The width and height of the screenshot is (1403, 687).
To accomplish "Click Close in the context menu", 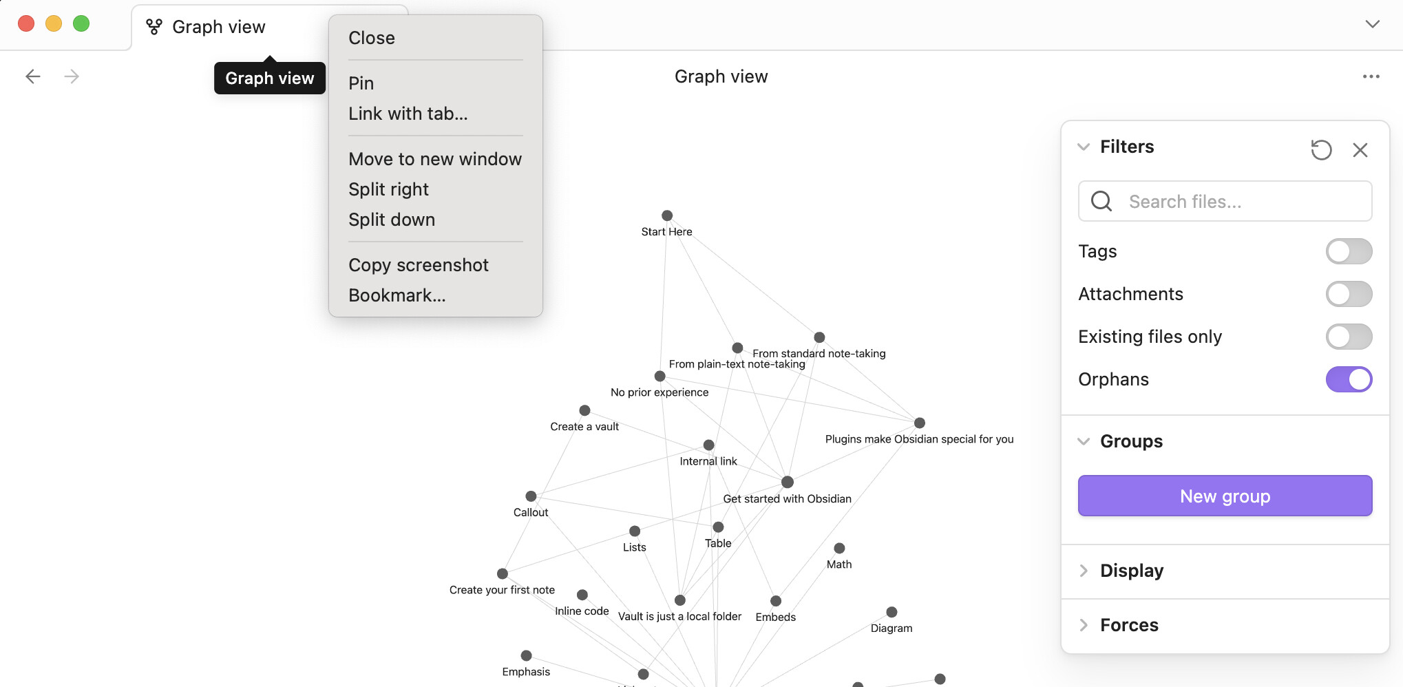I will pos(371,38).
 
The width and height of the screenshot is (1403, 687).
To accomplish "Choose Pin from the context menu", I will pos(361,83).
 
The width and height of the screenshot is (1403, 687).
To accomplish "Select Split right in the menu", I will pos(388,189).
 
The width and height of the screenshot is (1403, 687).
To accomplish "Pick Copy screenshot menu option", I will pos(418,265).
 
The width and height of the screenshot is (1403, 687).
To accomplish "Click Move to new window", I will pos(434,159).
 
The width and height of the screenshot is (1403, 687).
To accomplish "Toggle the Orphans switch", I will pos(1348,379).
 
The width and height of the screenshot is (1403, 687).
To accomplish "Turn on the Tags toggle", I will pos(1348,251).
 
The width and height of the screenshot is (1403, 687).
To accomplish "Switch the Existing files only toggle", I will pos(1348,337).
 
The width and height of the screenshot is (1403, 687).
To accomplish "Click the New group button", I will pos(1224,496).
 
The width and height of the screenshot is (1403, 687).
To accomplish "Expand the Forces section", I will pos(1129,625).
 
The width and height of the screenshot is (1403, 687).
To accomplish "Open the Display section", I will pos(1131,571).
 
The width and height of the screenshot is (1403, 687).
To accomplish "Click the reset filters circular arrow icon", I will pos(1320,149).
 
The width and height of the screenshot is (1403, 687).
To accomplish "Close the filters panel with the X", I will pos(1359,150).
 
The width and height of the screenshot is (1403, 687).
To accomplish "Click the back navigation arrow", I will pos(33,76).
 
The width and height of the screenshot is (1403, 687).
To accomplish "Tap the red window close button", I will pos(26,23).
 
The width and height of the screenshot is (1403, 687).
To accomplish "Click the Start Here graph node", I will pos(666,216).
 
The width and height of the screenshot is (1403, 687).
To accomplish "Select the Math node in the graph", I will pos(838,549).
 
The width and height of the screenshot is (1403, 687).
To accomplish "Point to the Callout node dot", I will pos(531,496).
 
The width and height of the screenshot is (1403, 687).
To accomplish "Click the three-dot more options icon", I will pos(1370,76).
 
